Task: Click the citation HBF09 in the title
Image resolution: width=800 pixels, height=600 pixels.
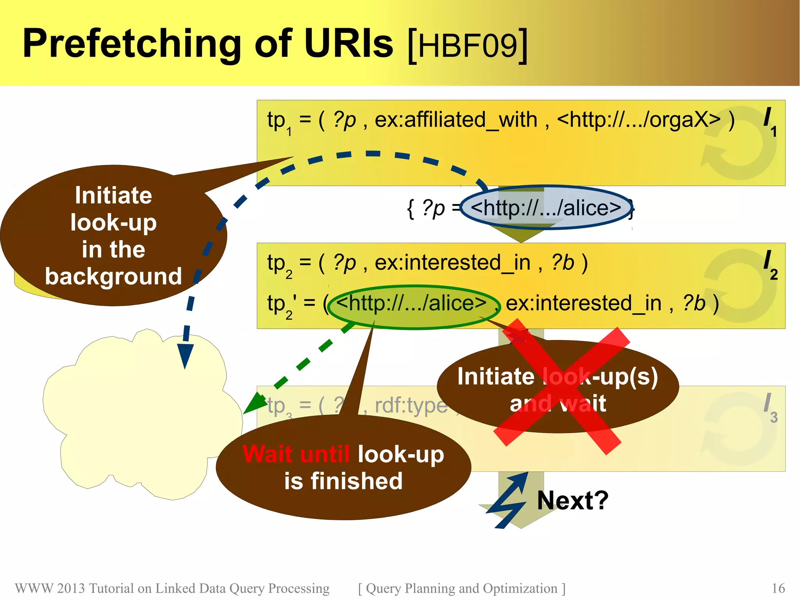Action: tap(468, 45)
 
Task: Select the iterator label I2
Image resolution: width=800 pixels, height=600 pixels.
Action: tap(770, 265)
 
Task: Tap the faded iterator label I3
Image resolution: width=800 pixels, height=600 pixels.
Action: tap(770, 408)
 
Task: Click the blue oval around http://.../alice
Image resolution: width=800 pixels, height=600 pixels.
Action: tap(546, 208)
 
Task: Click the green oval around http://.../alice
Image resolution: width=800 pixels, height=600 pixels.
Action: tap(413, 307)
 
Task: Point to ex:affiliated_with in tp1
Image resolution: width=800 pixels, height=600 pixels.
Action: tap(456, 119)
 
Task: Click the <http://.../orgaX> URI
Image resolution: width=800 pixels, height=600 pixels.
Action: tap(639, 119)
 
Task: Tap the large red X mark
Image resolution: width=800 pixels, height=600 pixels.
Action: tap(561, 387)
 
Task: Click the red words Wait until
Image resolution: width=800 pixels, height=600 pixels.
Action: tap(296, 454)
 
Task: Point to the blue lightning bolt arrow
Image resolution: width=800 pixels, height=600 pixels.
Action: tap(507, 500)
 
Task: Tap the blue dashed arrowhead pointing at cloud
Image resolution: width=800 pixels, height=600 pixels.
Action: tap(185, 356)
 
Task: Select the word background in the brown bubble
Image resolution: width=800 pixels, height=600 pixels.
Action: tap(113, 276)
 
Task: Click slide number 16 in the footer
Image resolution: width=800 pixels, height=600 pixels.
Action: tap(778, 588)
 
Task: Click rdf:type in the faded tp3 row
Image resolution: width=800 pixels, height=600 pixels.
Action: tap(411, 405)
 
